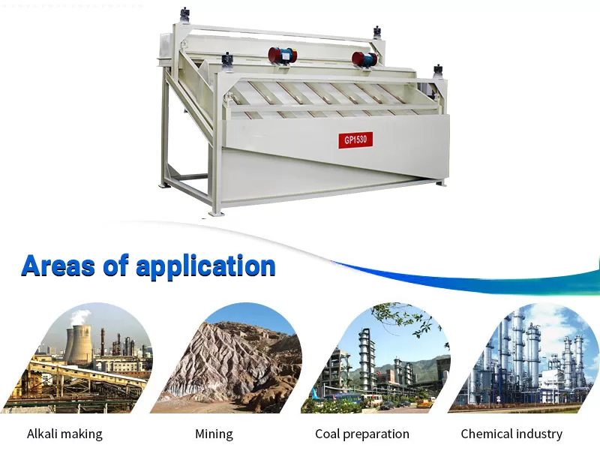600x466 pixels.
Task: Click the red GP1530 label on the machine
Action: [355, 140]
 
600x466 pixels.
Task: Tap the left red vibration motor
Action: [283, 56]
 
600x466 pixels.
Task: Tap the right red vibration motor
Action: [364, 60]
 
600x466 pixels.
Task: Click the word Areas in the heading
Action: [58, 266]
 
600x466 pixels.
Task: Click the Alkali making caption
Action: [64, 434]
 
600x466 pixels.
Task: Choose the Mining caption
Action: [214, 434]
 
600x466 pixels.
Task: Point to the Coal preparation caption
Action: [362, 434]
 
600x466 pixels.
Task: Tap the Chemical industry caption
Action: [511, 434]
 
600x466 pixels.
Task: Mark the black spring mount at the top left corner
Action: [185, 16]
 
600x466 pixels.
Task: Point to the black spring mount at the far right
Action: [438, 72]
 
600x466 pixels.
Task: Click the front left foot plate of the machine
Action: [213, 213]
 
